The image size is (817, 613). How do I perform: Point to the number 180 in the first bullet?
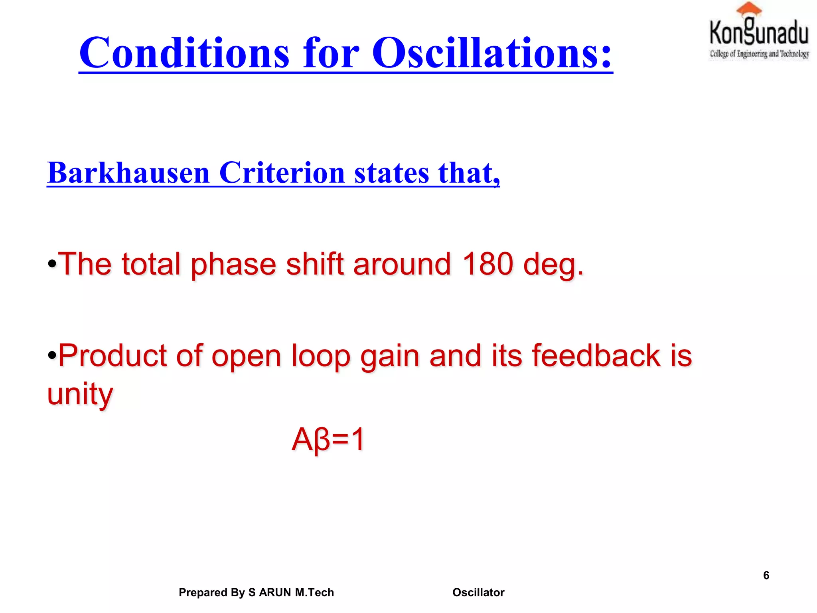tap(487, 264)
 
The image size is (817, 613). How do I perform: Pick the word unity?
tap(80, 394)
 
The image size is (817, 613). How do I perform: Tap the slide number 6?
tap(766, 575)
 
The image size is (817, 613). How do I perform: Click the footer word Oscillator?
tap(478, 593)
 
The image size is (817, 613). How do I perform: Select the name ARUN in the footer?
tap(275, 593)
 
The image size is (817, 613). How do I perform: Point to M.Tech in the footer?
tap(314, 593)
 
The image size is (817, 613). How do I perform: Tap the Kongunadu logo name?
tap(759, 33)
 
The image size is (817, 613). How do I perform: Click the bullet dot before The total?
tap(52, 264)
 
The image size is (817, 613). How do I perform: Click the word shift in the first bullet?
tap(315, 264)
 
